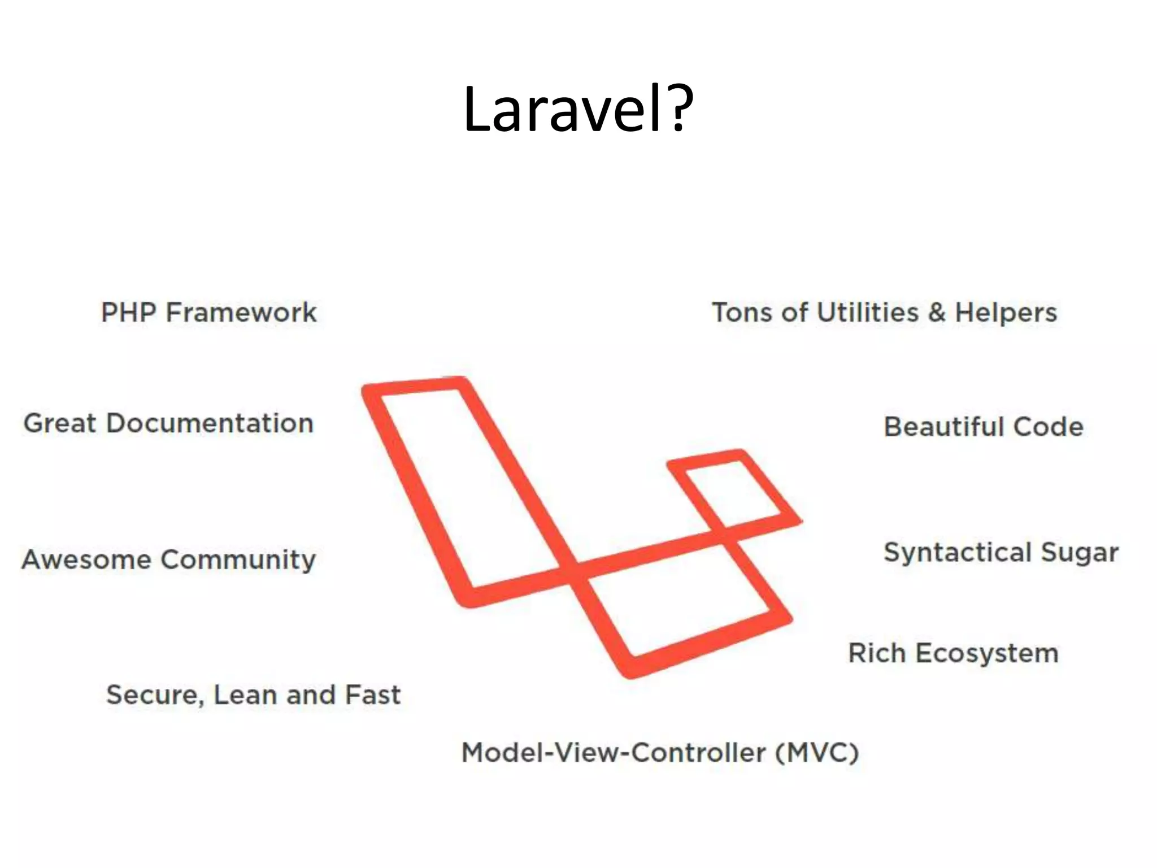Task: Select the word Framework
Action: click(x=241, y=313)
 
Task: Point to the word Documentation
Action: click(x=210, y=423)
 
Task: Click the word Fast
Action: click(x=372, y=695)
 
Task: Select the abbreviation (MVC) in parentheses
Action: click(x=817, y=753)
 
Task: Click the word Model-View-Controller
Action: click(x=614, y=753)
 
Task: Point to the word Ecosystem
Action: click(x=986, y=654)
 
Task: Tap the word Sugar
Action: click(x=1080, y=553)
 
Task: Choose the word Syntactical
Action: click(x=958, y=553)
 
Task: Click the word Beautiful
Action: click(x=944, y=427)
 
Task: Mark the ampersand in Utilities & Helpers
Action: click(x=937, y=313)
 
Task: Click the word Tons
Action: click(x=741, y=313)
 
